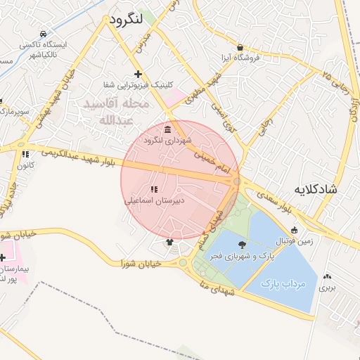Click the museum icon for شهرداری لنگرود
(x=167, y=129)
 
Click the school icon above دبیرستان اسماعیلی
(x=154, y=189)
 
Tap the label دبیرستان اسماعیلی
(x=155, y=200)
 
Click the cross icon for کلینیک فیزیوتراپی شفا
(x=138, y=74)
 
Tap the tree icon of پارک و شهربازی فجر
(x=243, y=245)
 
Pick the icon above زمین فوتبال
(x=294, y=230)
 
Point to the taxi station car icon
(x=44, y=34)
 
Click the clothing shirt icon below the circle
(x=169, y=243)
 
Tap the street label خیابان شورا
(x=141, y=264)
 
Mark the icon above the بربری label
(x=328, y=276)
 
